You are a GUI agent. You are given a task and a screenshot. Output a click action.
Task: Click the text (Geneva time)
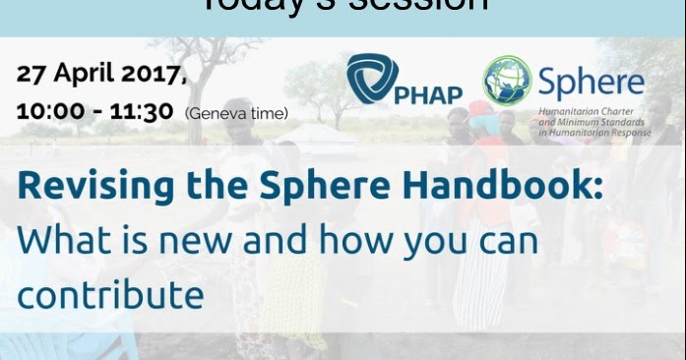[x=236, y=113]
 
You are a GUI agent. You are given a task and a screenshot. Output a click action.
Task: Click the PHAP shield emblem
[x=371, y=79]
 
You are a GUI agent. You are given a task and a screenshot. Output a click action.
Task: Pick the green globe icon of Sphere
[x=507, y=80]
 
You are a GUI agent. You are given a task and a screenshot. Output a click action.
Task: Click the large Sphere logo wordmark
[x=590, y=82]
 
